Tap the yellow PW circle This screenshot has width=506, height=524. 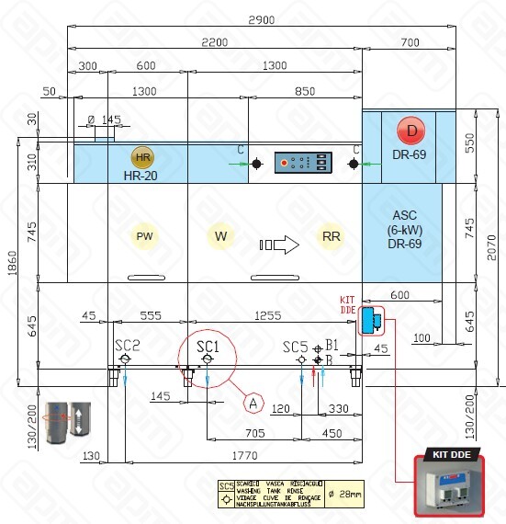144,236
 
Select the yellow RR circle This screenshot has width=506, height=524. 332,236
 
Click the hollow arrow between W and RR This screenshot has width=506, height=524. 280,245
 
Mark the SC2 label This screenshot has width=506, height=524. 128,345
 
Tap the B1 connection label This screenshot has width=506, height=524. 332,346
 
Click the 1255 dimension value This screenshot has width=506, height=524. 269,315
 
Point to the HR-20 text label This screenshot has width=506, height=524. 143,175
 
